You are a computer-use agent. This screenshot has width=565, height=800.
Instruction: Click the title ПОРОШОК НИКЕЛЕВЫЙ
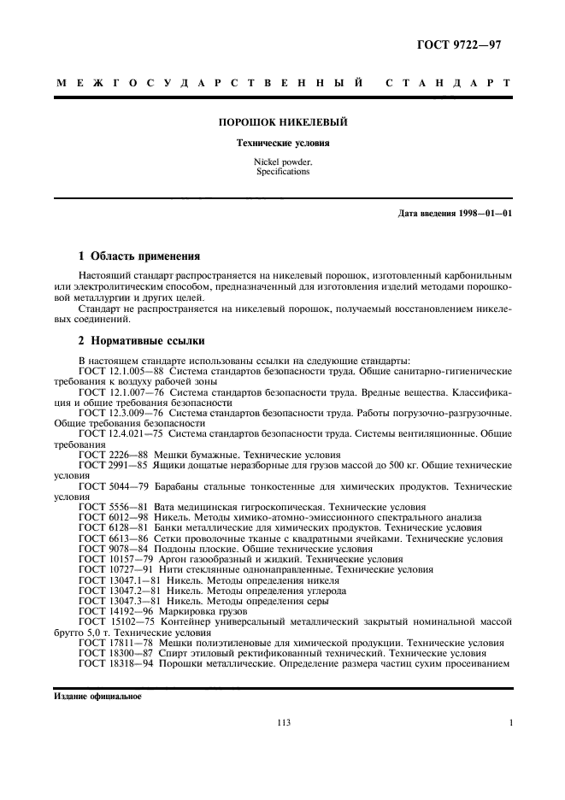(x=283, y=122)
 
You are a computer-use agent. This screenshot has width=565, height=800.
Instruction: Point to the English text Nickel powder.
(x=283, y=162)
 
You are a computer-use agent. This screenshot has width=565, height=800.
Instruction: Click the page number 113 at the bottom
(x=284, y=723)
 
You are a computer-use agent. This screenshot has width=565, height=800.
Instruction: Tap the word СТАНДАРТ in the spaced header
(x=448, y=84)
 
